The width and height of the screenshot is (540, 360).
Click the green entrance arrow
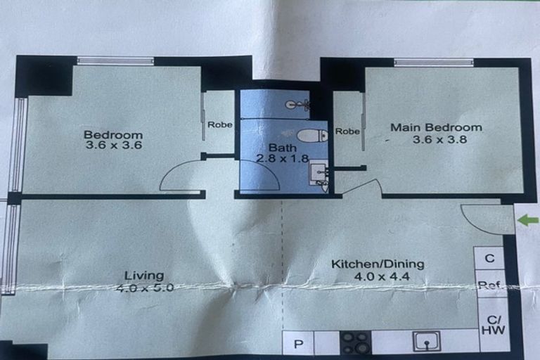528,221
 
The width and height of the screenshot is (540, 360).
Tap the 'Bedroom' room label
113,135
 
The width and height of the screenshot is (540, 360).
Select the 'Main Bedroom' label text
437,127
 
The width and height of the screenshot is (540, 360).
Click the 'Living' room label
144,275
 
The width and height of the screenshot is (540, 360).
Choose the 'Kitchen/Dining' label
378,264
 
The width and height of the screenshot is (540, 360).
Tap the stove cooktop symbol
355,342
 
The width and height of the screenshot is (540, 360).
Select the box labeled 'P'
298,344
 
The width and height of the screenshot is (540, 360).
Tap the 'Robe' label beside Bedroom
219,124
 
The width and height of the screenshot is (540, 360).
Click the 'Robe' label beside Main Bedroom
347,131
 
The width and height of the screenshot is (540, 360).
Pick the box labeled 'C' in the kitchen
489,258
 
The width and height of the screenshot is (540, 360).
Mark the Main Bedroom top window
433,63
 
